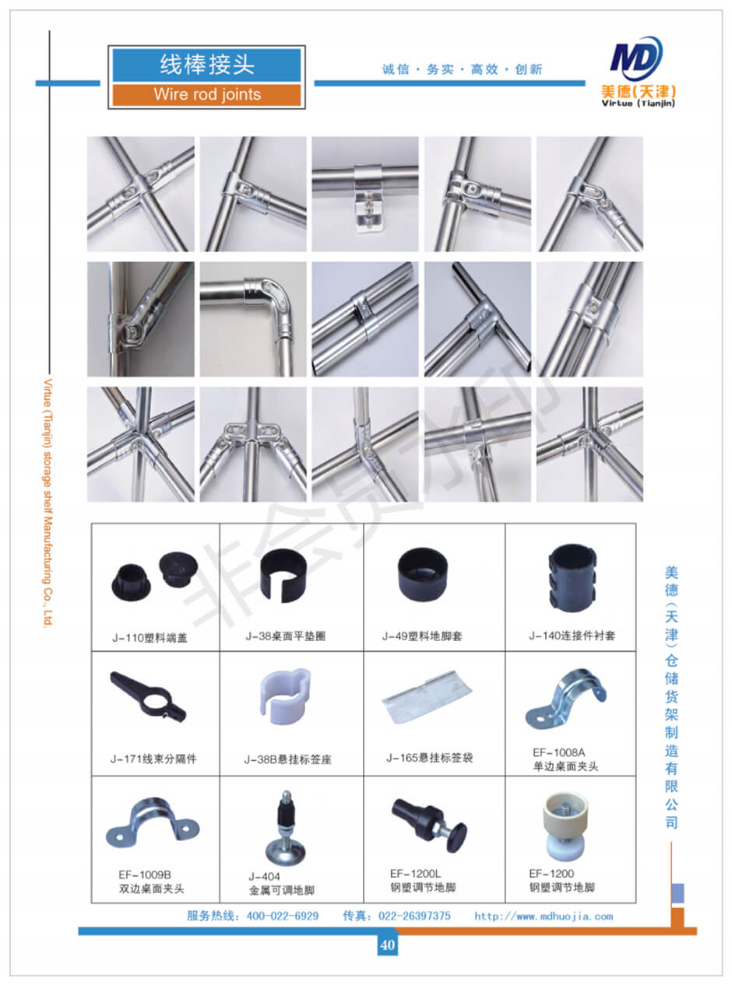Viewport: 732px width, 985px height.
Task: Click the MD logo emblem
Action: pyautogui.click(x=636, y=58)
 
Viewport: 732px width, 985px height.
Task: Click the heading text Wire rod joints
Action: pyautogui.click(x=207, y=95)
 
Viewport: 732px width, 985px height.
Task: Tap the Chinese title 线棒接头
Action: pyautogui.click(x=207, y=65)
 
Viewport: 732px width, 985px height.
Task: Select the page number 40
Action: pyautogui.click(x=387, y=945)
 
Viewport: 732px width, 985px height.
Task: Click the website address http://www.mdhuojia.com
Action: pyautogui.click(x=543, y=917)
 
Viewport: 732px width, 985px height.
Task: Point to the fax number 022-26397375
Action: pyautogui.click(x=414, y=917)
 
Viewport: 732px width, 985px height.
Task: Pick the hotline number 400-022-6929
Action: pyautogui.click(x=282, y=917)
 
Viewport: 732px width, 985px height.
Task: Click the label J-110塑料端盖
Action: pyautogui.click(x=150, y=638)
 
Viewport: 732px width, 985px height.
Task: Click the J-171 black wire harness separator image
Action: pyautogui.click(x=148, y=697)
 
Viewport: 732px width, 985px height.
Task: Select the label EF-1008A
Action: pyautogui.click(x=558, y=752)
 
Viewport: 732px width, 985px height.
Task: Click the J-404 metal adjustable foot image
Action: pyautogui.click(x=285, y=827)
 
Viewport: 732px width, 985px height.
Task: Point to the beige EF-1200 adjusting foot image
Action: pyautogui.click(x=565, y=826)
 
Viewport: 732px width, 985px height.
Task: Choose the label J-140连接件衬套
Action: pyautogui.click(x=572, y=636)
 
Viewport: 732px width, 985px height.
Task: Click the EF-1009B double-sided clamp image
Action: pyautogui.click(x=153, y=823)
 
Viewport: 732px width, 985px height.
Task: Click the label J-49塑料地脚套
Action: pyautogui.click(x=422, y=636)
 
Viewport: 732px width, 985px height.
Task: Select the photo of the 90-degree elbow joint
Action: pyautogui.click(x=253, y=319)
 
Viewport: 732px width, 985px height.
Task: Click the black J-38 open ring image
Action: pyautogui.click(x=283, y=575)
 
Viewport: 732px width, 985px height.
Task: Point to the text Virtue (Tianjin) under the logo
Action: pyautogui.click(x=638, y=103)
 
